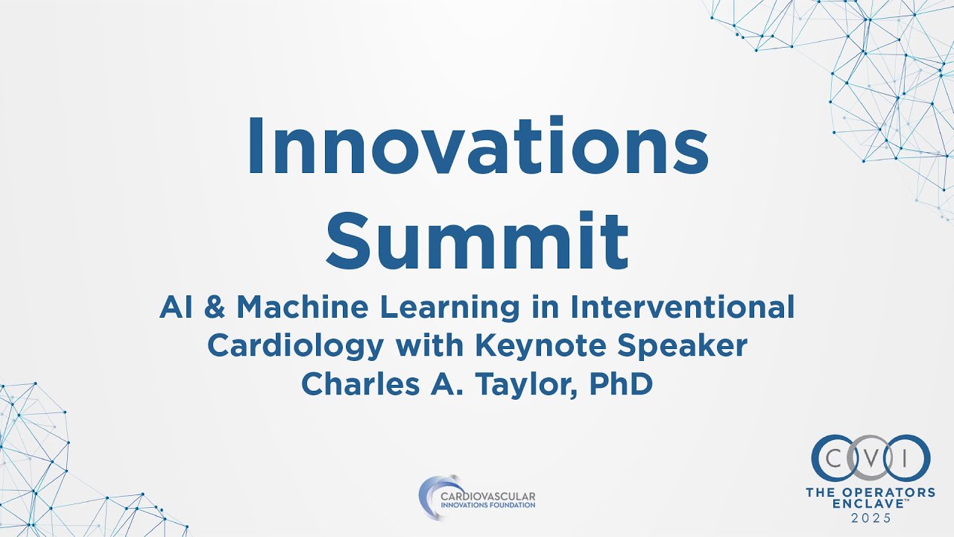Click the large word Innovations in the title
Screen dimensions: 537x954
(x=477, y=146)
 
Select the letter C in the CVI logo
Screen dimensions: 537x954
(x=835, y=457)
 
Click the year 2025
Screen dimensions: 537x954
(x=871, y=519)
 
